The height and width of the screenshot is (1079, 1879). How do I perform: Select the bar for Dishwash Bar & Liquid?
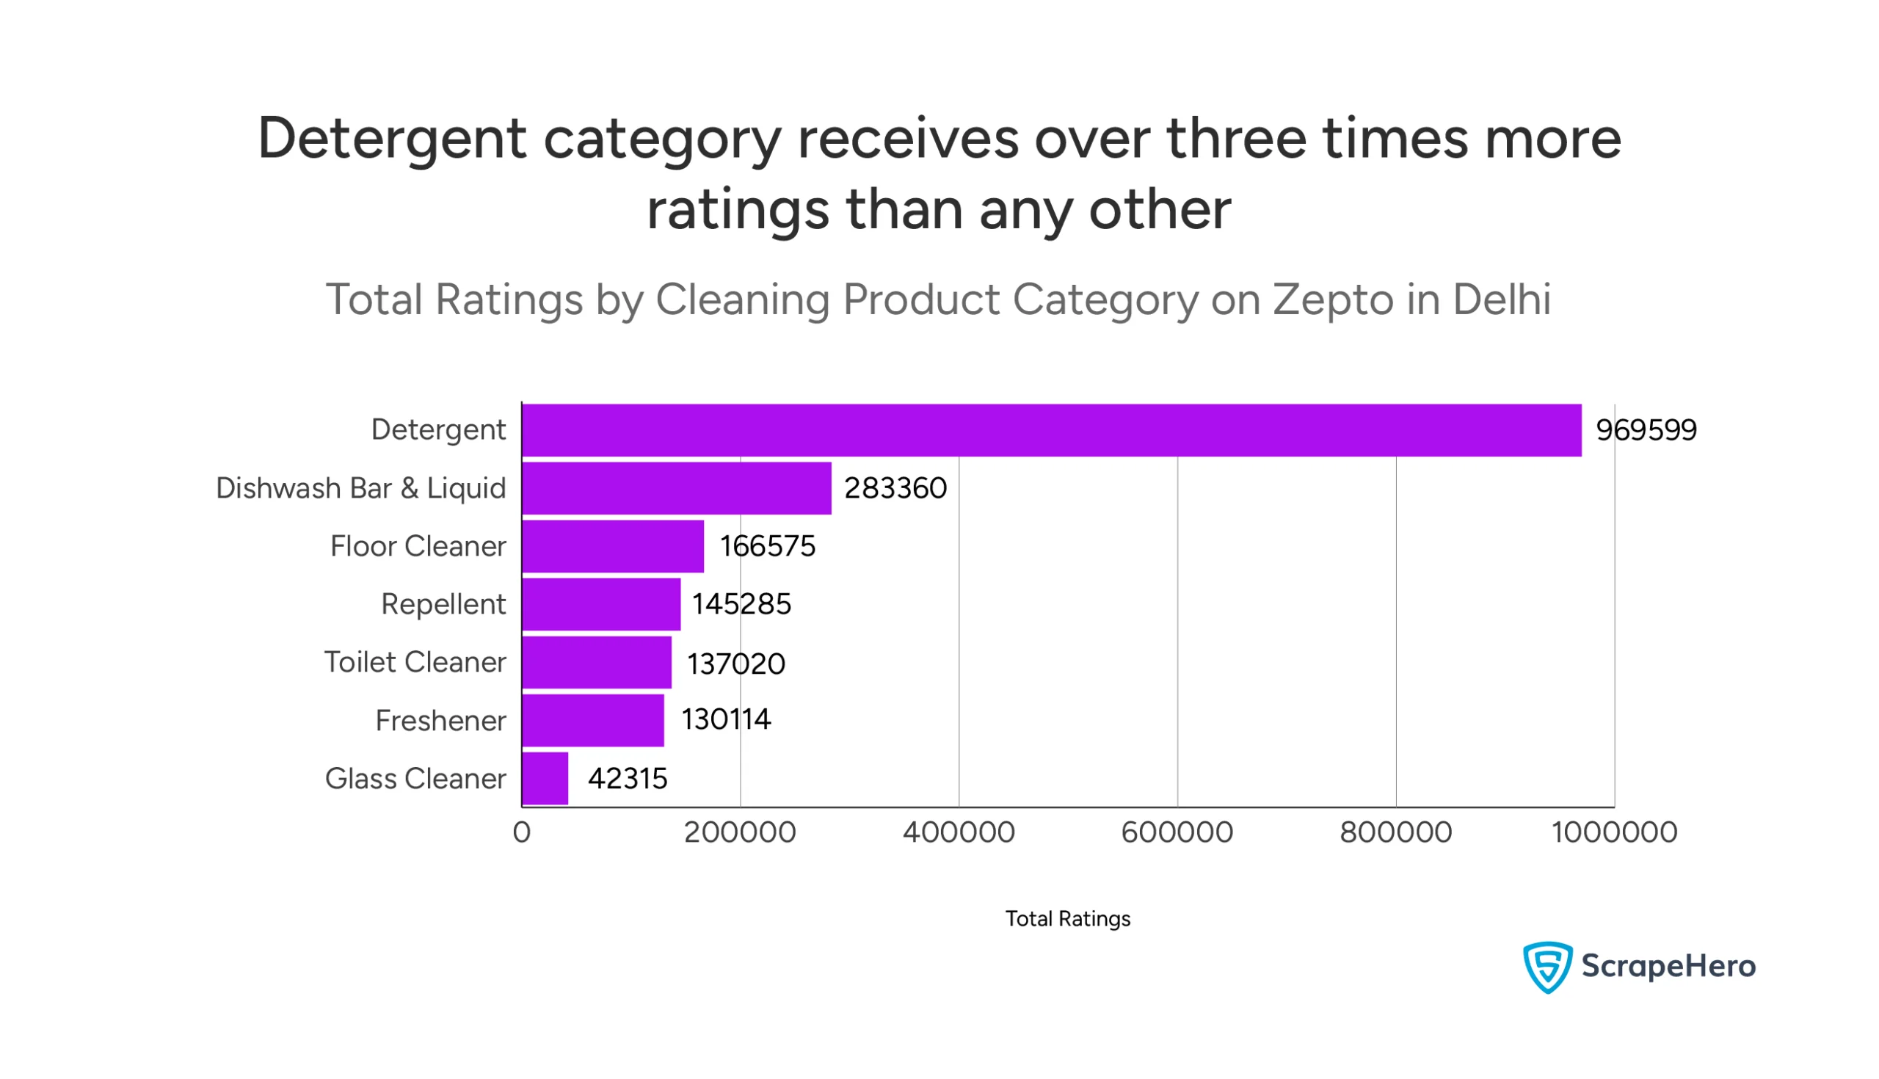point(676,487)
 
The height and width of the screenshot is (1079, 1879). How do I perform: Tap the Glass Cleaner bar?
point(545,778)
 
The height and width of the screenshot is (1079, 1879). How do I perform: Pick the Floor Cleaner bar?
point(612,546)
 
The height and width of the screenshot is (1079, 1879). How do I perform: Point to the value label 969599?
point(1646,431)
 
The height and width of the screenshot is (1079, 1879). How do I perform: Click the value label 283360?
point(895,488)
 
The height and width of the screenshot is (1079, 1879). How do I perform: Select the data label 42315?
point(627,779)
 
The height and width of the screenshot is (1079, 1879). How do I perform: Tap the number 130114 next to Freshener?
point(725,719)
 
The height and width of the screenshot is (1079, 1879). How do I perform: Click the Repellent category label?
point(443,604)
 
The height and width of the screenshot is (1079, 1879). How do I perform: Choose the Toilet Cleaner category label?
point(415,662)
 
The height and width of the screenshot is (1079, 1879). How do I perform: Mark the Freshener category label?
point(440,720)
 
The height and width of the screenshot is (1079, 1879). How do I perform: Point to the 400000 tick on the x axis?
point(958,832)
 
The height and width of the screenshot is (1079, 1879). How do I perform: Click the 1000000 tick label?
point(1614,832)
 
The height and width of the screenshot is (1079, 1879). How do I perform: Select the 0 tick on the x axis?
point(522,832)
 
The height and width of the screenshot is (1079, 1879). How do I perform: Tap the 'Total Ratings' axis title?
point(1067,919)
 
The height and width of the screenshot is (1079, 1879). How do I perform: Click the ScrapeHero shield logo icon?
point(1547,967)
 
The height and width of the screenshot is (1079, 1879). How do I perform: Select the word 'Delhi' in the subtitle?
point(1501,299)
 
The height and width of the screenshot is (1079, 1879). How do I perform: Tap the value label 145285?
point(741,604)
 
